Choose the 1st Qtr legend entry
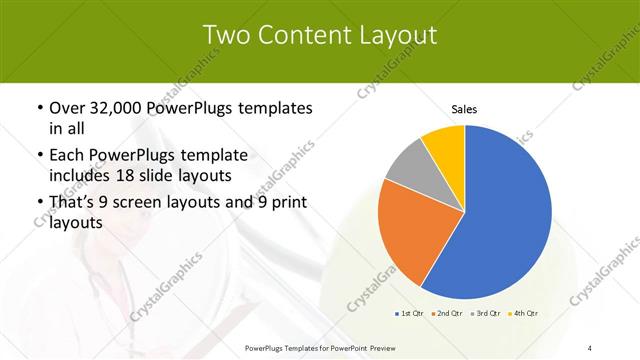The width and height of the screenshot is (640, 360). point(410,313)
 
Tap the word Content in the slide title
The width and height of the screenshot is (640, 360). point(311,35)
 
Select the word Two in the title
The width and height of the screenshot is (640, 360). point(227,35)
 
